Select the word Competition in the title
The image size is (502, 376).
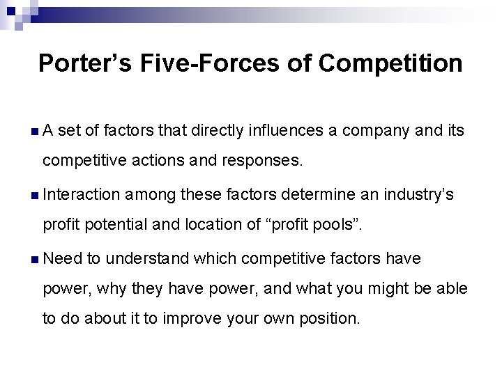(x=391, y=63)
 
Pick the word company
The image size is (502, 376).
(x=395, y=131)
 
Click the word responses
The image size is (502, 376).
(x=263, y=162)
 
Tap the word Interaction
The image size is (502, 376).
(x=82, y=195)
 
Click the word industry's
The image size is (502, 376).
(x=418, y=195)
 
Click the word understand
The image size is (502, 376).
(x=147, y=258)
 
